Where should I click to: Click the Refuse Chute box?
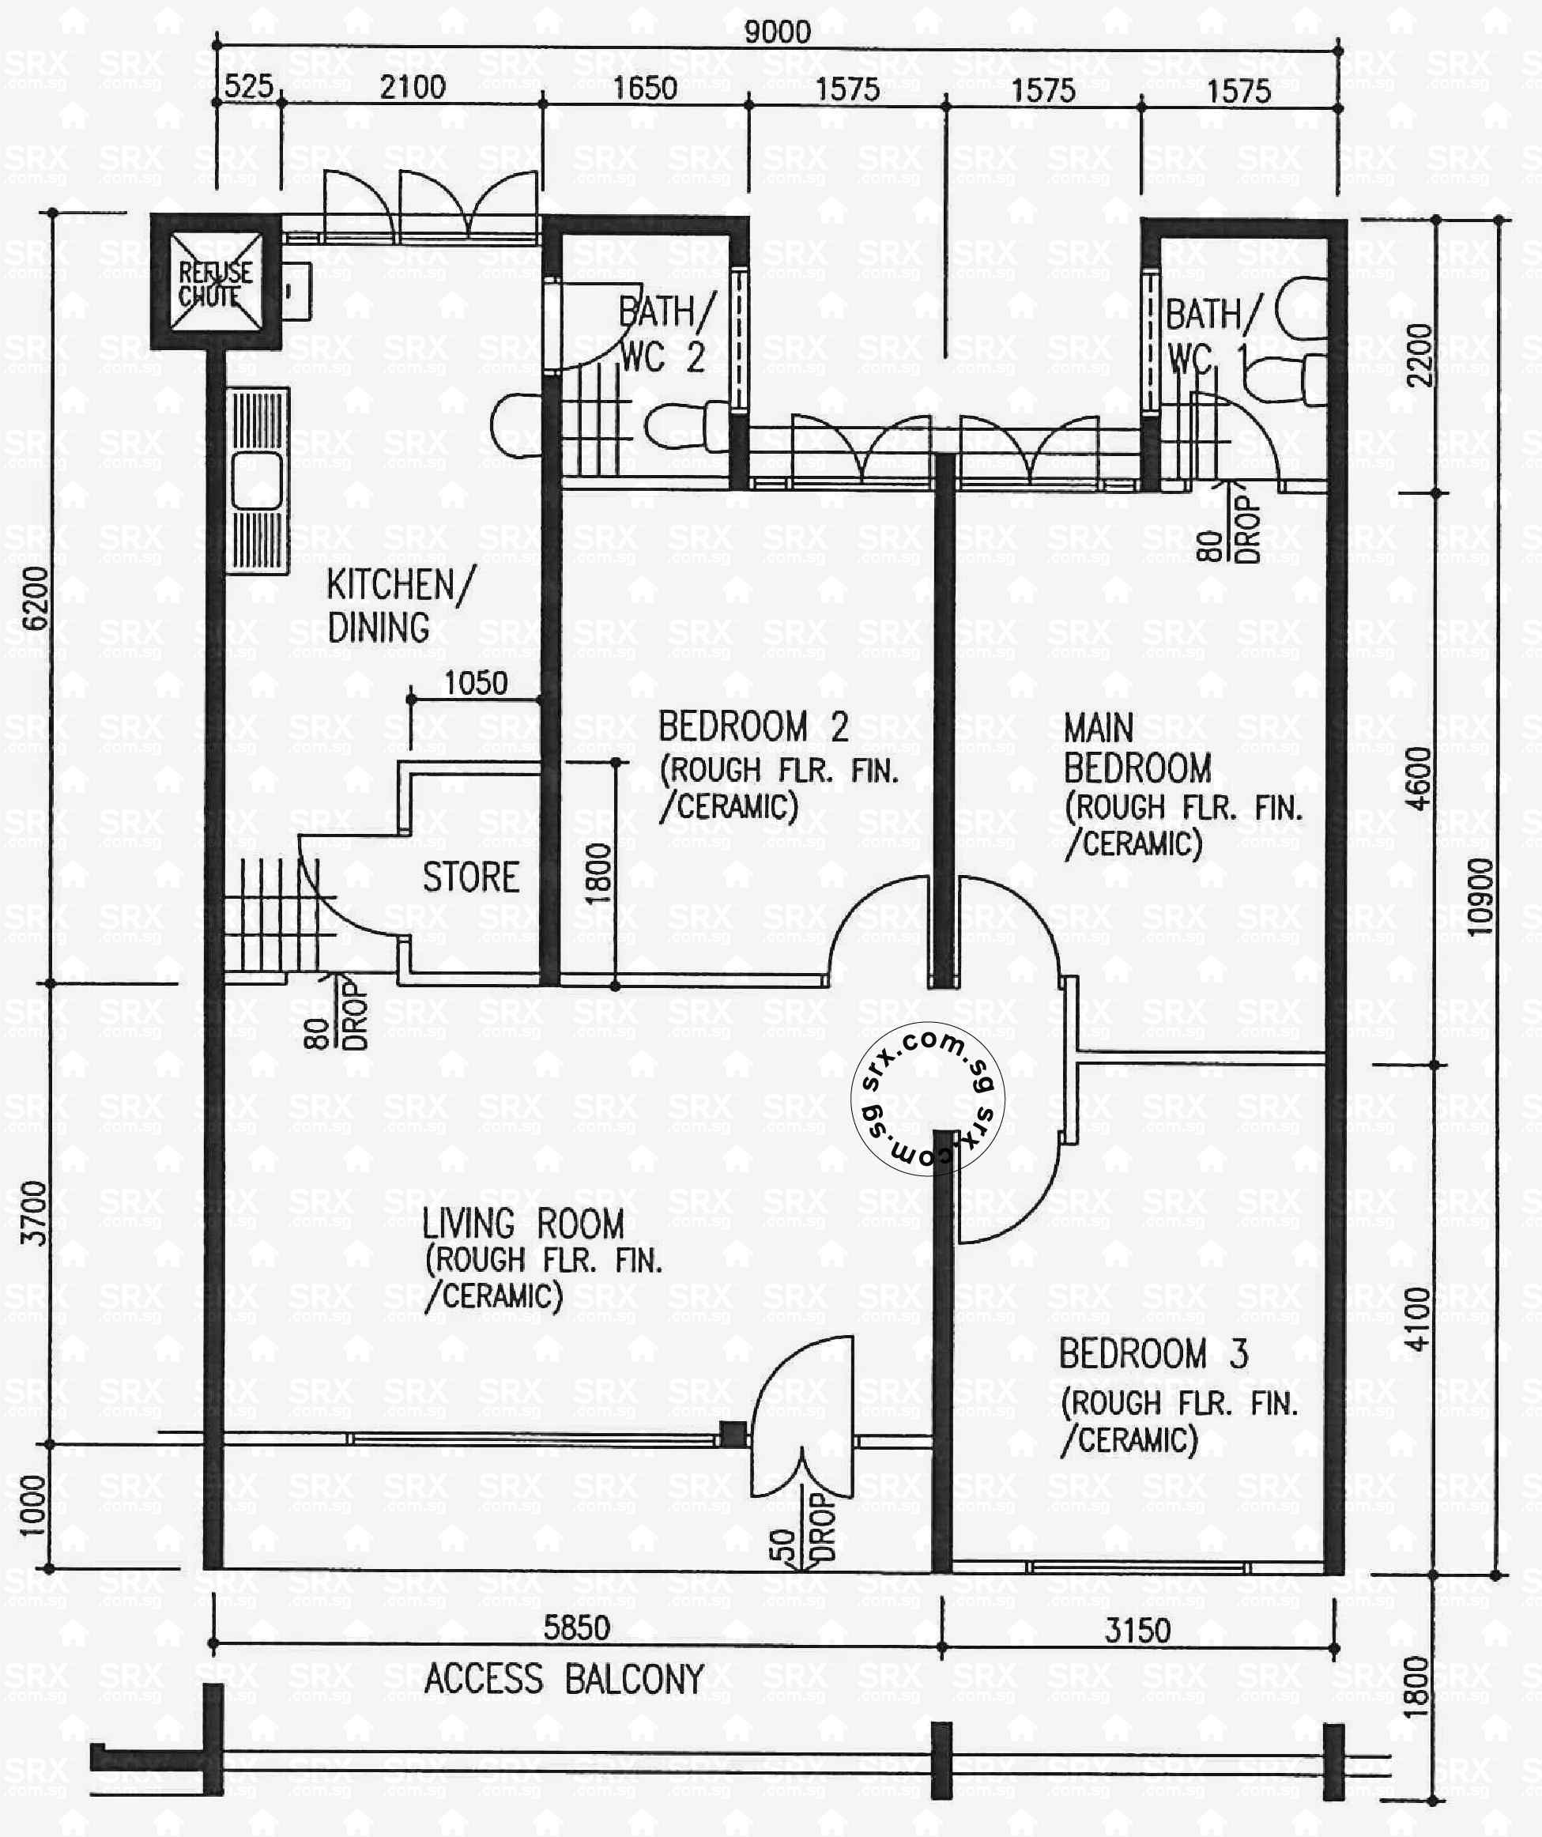215,281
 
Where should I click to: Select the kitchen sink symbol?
257,482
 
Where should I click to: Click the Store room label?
470,877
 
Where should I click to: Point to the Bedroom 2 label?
752,727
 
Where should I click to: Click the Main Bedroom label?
1137,749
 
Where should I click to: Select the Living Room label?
522,1223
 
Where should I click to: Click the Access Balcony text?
564,1679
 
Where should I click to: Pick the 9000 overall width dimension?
777,32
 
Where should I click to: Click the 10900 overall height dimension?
1480,897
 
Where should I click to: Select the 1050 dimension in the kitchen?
475,683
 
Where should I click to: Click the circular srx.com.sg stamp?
927,1099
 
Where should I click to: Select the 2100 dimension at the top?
412,88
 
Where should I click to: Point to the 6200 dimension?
36,598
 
